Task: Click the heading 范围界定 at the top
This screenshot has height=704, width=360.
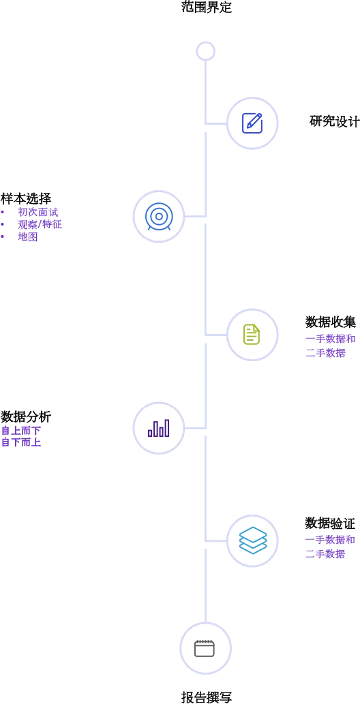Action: [x=207, y=8]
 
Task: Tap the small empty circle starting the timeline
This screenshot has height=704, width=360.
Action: [x=207, y=50]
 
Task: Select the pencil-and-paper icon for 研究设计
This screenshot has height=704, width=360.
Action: [x=252, y=123]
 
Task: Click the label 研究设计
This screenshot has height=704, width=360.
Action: [x=334, y=121]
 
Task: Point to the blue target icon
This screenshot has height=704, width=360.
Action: [x=158, y=217]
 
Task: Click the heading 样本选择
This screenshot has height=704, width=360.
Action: [x=26, y=198]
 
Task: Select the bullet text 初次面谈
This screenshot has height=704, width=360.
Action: [x=37, y=212]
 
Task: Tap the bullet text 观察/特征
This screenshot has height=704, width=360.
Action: [x=40, y=224]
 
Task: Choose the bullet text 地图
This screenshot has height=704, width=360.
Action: [x=27, y=237]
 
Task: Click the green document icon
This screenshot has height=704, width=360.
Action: [x=252, y=334]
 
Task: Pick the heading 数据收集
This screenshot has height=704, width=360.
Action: [x=331, y=322]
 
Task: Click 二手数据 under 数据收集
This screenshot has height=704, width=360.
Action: [x=325, y=353]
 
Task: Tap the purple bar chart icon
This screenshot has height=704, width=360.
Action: [x=158, y=428]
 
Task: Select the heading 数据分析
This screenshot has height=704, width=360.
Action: [x=26, y=416]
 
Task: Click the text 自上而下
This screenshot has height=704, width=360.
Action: [x=21, y=431]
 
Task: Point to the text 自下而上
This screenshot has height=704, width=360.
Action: [x=21, y=442]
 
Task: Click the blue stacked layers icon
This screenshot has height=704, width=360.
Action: [x=252, y=540]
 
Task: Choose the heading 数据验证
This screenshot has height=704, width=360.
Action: [x=331, y=523]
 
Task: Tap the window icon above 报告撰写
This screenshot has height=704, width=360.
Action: [x=205, y=648]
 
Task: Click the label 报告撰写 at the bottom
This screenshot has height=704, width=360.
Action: [x=207, y=697]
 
